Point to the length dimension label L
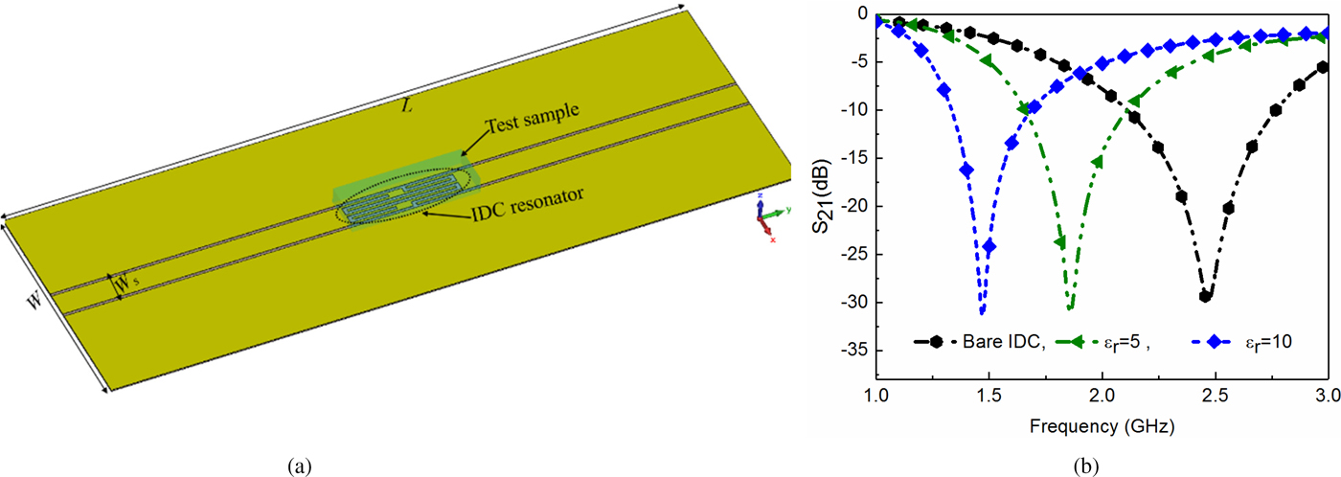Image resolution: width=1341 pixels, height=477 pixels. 408,106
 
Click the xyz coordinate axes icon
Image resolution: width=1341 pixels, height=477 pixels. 767,219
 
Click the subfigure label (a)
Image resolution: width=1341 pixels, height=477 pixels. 299,466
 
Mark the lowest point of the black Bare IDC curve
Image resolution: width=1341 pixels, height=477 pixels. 1206,297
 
